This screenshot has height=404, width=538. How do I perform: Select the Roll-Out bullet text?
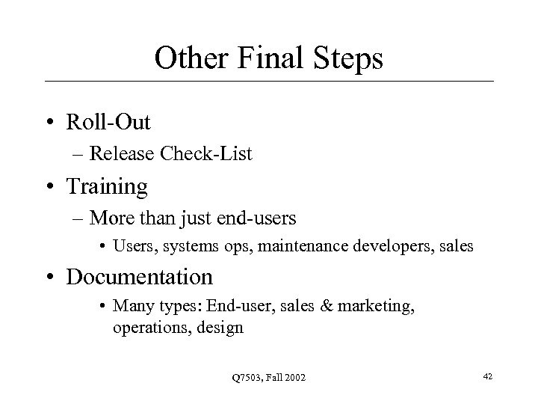108,120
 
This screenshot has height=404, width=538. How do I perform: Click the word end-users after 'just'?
259,218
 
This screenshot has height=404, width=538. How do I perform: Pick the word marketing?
370,307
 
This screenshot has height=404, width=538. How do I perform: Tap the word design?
220,328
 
